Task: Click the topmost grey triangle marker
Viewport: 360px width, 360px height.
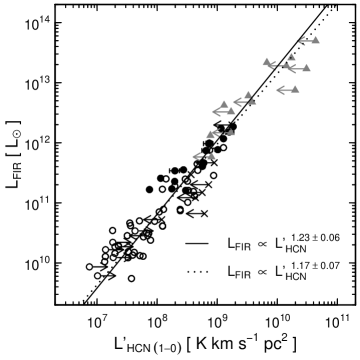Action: [x=315, y=40]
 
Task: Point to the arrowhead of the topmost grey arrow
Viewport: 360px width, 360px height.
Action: [x=300, y=41]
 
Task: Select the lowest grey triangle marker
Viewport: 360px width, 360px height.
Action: [x=210, y=156]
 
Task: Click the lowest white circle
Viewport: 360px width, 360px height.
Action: [x=97, y=275]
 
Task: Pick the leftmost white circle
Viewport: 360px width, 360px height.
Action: [x=89, y=266]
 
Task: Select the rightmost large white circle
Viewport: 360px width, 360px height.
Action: [x=135, y=231]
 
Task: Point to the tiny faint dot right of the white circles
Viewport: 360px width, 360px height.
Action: [x=148, y=236]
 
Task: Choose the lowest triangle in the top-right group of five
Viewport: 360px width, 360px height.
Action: [x=294, y=89]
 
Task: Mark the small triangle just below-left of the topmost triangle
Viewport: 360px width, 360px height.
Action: [x=291, y=57]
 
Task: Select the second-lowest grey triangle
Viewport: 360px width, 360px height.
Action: [x=229, y=132]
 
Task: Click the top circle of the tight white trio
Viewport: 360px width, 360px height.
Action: [x=112, y=242]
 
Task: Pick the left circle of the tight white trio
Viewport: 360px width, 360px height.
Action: [x=105, y=249]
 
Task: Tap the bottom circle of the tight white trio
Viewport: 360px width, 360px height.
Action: [x=113, y=258]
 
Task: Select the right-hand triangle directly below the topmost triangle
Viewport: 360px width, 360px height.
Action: [x=305, y=68]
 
